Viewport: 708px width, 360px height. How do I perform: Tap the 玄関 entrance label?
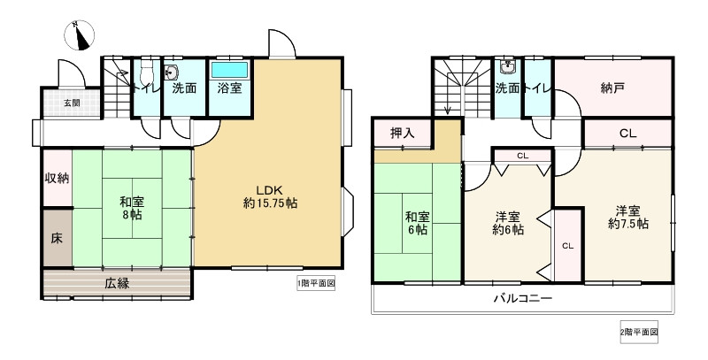[x=70, y=103]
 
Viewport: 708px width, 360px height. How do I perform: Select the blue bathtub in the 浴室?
[x=230, y=69]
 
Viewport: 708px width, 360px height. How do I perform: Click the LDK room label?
[x=270, y=188]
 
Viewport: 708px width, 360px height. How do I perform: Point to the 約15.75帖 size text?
[x=270, y=203]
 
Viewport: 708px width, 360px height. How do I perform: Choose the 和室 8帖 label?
[x=133, y=208]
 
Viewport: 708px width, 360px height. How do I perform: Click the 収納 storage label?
[x=58, y=178]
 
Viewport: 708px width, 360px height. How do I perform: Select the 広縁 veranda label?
[x=118, y=284]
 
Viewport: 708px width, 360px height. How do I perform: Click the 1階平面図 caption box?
[x=316, y=284]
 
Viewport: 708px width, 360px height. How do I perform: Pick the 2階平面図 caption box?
[x=639, y=332]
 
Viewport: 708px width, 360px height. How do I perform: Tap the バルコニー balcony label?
[x=522, y=299]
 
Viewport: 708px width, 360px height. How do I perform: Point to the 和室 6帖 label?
[x=417, y=222]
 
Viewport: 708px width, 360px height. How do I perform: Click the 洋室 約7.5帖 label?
[x=628, y=217]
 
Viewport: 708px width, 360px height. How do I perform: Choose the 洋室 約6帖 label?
[x=507, y=222]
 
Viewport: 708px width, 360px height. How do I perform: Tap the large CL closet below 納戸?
[x=627, y=134]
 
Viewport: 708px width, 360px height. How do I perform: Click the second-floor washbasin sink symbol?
[x=508, y=67]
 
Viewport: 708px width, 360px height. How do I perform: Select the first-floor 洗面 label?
[x=184, y=88]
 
